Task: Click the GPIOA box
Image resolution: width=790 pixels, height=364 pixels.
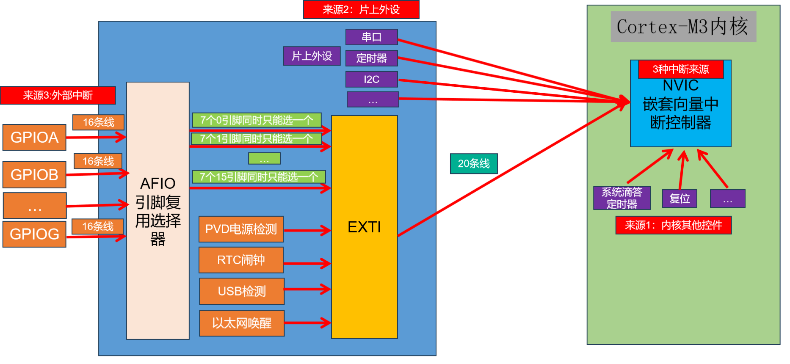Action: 34,138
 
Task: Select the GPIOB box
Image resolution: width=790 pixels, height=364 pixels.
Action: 34,175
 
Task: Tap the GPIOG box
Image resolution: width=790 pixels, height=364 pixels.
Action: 34,234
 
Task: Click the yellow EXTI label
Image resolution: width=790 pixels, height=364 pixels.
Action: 364,227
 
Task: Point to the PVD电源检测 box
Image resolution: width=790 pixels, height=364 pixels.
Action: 241,229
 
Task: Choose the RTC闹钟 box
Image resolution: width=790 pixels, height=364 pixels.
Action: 241,260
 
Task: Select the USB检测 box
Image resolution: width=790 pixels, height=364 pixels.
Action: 242,291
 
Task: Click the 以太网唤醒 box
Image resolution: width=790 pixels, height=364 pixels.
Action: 242,323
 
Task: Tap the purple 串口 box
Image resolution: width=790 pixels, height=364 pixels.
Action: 371,37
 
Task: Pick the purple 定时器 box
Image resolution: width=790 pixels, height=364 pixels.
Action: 371,58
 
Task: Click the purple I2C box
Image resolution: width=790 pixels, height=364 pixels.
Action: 371,79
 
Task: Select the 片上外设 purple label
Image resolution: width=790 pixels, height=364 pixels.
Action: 312,56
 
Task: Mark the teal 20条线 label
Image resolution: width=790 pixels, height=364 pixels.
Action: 473,164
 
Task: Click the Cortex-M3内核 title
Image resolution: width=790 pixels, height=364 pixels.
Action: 683,27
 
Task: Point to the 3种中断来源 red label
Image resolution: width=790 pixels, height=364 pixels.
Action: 681,69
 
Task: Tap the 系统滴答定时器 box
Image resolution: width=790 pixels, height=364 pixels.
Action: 622,198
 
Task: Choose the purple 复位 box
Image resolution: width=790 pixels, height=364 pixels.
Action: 680,199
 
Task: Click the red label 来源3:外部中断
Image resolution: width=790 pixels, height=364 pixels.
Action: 58,95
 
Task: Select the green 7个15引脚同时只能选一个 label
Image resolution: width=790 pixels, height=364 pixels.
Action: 259,177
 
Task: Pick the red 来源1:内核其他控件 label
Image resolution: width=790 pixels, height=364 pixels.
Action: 673,225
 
